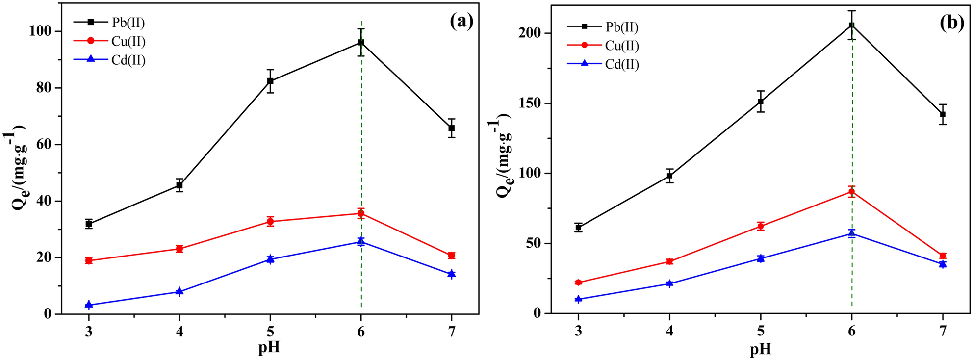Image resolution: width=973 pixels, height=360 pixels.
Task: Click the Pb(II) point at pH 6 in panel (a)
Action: tap(361, 43)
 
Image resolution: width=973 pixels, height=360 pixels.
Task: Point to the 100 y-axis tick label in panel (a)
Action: tap(40, 31)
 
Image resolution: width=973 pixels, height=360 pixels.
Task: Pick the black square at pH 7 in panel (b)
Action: tap(943, 114)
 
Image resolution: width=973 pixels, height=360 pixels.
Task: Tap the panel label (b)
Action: tap(952, 23)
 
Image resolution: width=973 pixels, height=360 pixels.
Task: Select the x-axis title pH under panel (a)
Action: tap(269, 347)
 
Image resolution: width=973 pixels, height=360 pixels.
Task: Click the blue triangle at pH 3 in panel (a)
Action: tap(89, 305)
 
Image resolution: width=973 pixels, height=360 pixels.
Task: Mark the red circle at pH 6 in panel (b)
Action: tap(852, 192)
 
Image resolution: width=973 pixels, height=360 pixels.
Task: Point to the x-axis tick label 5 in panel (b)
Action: tap(761, 331)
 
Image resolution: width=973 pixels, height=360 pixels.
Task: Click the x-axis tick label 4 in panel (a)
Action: tap(179, 332)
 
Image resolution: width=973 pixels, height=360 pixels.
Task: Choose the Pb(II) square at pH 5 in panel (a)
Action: tap(270, 81)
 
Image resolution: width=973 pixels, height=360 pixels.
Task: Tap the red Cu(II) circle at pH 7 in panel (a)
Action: tap(452, 256)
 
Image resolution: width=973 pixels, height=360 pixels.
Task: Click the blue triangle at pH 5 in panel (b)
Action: tap(761, 258)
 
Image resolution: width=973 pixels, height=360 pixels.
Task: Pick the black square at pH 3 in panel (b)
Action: tap(579, 228)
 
